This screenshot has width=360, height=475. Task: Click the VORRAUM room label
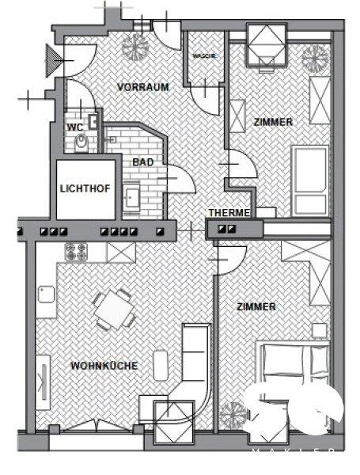click(143, 87)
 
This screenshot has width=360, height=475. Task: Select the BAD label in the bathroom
click(143, 161)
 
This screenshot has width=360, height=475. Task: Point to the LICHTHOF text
click(85, 188)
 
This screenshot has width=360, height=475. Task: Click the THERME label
click(229, 213)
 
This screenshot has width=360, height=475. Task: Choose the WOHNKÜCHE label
click(104, 366)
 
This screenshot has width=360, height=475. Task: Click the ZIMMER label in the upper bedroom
click(273, 122)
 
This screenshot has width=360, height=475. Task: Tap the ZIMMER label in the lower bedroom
click(256, 306)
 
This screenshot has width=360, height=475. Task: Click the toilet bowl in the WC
click(81, 142)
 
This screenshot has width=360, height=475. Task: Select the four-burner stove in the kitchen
click(76, 253)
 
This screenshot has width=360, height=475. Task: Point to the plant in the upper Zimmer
click(315, 57)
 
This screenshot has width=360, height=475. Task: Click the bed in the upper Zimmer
click(309, 180)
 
